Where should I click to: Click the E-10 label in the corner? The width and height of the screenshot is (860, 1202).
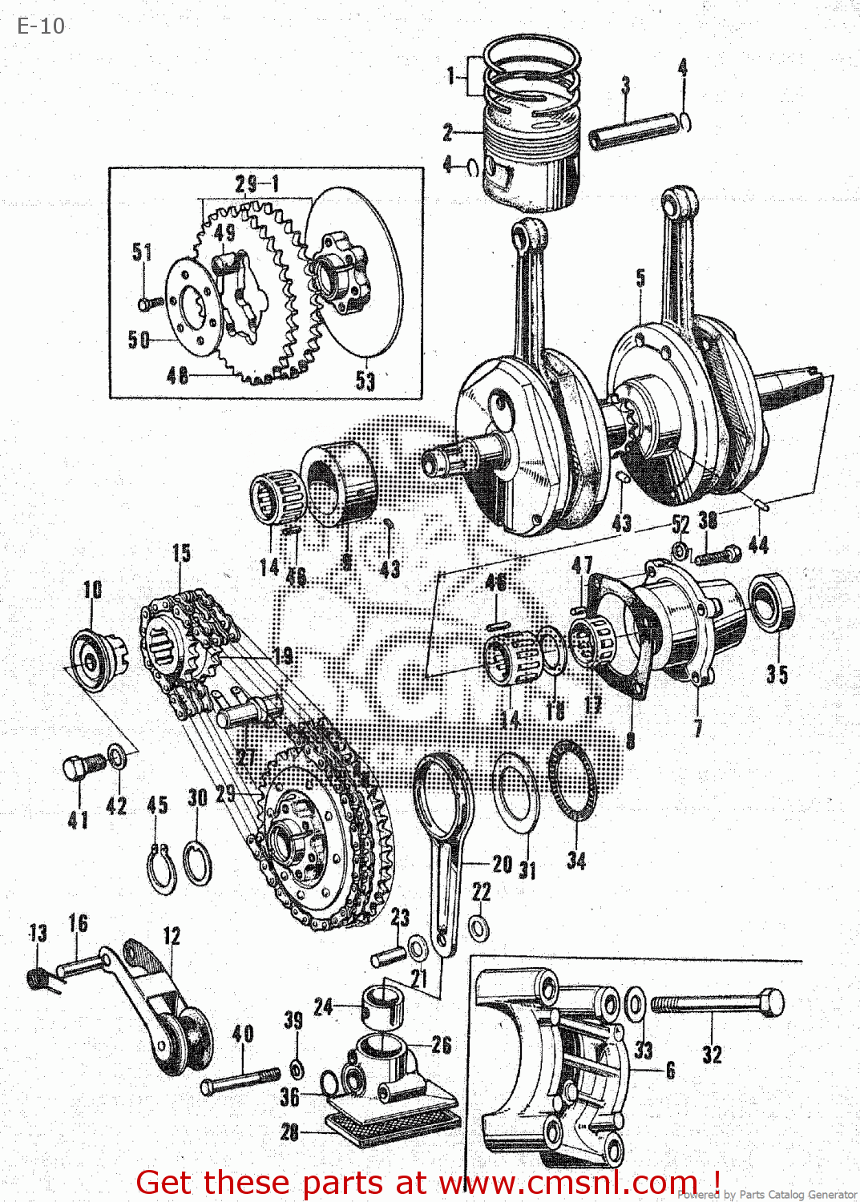41,26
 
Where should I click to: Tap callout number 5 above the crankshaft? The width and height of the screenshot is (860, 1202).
640,278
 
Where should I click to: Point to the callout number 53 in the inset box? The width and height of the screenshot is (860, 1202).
365,381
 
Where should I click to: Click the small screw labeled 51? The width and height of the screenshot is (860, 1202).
148,304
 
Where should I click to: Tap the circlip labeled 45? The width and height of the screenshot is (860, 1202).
161,869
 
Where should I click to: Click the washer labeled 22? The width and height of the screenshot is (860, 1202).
479,929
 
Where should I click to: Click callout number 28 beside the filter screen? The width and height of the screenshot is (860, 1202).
289,1131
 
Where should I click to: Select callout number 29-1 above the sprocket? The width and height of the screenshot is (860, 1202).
257,184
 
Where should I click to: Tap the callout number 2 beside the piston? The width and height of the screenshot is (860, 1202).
447,132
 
